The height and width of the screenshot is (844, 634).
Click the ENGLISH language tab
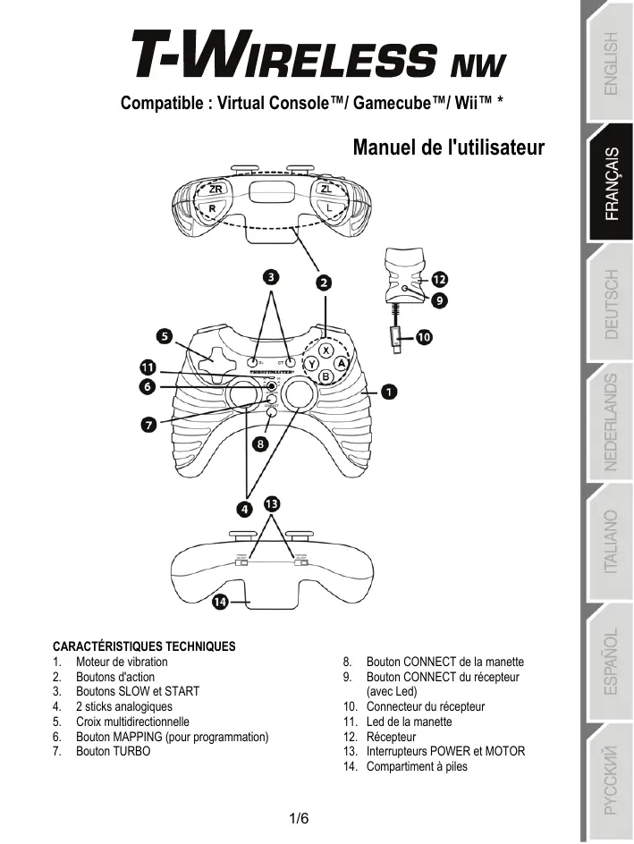(x=609, y=63)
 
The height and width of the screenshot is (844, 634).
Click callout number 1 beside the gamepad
(x=391, y=391)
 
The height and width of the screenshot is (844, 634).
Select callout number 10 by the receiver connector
(x=423, y=337)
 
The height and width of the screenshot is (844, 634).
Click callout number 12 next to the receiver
(x=439, y=279)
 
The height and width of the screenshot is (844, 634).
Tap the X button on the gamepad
(x=325, y=350)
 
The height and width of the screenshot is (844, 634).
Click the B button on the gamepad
(x=326, y=377)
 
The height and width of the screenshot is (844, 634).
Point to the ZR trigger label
(x=216, y=190)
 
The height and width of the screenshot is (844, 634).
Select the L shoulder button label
(x=329, y=207)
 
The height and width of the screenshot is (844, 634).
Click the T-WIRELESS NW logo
(x=319, y=63)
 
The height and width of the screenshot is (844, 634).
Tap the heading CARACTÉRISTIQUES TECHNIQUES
(x=144, y=646)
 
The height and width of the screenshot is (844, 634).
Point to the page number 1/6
(x=300, y=818)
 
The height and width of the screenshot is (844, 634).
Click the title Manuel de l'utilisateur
(x=449, y=147)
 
